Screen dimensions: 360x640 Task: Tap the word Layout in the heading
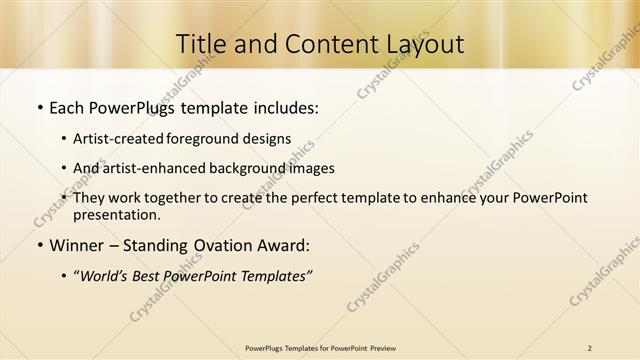(x=423, y=43)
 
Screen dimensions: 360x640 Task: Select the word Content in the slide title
(x=317, y=43)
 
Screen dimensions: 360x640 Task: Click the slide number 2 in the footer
(x=590, y=348)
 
